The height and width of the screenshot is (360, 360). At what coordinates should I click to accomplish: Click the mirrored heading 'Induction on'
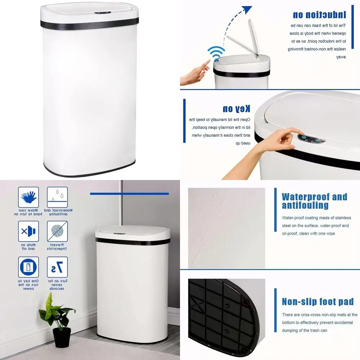pos(319,14)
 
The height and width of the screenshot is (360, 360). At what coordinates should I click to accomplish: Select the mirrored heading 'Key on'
pos(236,108)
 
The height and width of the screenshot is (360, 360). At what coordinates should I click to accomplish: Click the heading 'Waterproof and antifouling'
pos(314,201)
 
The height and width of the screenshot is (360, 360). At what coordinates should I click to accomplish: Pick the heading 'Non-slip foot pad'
pos(318,302)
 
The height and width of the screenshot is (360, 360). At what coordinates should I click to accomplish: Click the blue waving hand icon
pos(28,197)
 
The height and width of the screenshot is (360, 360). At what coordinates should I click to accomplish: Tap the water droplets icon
pos(57,197)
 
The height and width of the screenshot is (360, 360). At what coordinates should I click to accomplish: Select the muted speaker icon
pos(28,231)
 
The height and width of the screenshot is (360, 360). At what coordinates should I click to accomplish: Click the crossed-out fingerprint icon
pos(57,231)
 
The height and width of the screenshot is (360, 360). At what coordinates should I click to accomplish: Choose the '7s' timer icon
pos(57,267)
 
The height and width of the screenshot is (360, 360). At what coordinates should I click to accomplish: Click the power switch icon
pos(28,267)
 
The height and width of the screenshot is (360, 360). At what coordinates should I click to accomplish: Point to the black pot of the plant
pos(62,337)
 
